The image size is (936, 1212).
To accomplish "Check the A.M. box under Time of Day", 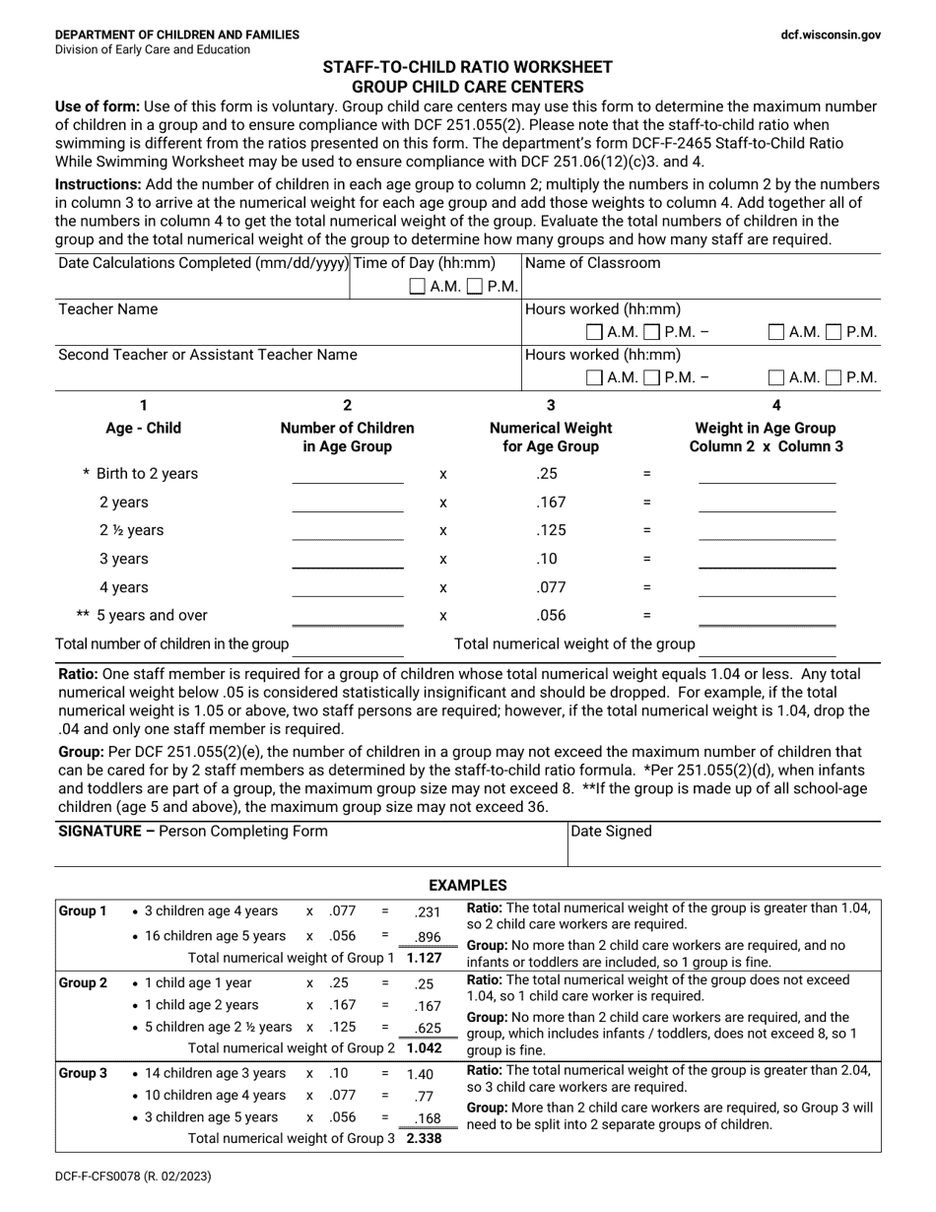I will point(417,287).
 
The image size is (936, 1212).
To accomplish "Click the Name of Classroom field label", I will point(594,263).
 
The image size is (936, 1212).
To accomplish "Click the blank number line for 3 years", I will point(348,561).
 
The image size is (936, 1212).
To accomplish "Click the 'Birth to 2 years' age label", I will point(147,474).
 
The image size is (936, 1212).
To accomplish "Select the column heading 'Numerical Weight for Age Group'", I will point(551,437).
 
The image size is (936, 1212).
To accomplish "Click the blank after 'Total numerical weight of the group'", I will point(767,646).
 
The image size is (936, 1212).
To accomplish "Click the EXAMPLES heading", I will point(468,886).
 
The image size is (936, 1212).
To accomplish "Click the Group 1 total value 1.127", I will point(424,957).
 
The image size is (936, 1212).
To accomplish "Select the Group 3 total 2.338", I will point(424,1138).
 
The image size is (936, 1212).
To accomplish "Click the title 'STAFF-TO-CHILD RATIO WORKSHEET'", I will point(468,67).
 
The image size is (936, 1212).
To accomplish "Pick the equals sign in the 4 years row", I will point(646,587).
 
